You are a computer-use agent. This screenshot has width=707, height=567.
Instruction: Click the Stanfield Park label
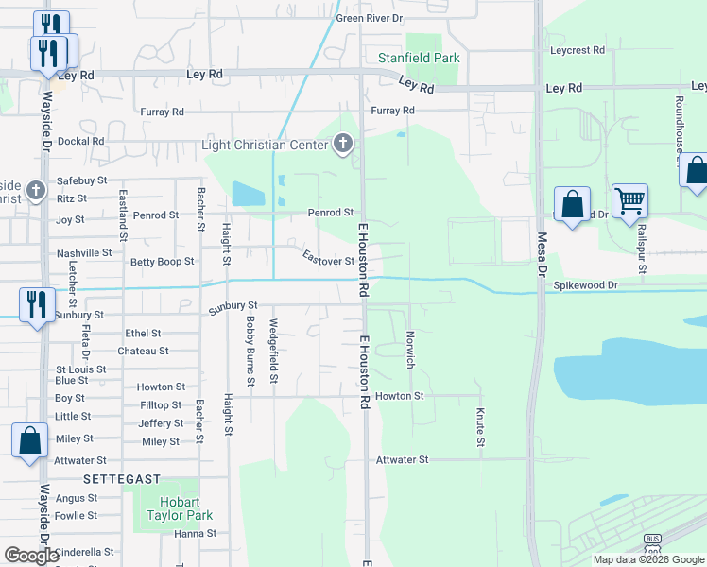coord(419,58)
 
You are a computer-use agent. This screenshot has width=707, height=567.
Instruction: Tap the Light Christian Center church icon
coord(343,145)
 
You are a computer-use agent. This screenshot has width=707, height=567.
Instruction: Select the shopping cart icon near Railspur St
coord(629,201)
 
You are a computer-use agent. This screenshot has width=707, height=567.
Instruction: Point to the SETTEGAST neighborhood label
coord(122,479)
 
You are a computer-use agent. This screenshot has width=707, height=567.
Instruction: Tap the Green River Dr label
coord(369,18)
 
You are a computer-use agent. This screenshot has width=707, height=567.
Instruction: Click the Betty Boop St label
coord(162,262)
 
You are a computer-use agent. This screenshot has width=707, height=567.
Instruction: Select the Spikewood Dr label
coord(585,284)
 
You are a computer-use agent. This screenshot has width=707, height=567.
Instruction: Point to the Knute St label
coord(480,427)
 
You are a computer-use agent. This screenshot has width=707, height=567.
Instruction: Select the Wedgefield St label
coord(273,352)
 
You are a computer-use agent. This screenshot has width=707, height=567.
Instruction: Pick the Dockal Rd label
coord(80,141)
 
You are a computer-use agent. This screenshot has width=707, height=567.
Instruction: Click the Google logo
coord(32,556)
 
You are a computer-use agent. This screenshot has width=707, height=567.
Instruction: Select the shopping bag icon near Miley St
coord(29,440)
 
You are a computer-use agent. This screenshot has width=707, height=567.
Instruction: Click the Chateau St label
coord(143,351)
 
